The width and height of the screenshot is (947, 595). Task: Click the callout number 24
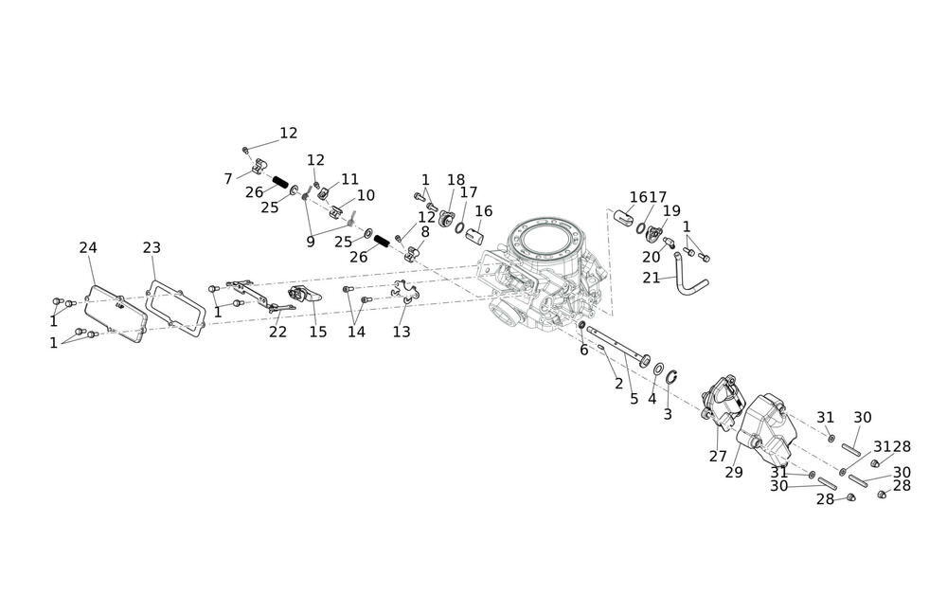[x=88, y=247]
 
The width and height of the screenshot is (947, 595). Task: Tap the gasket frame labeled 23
[x=177, y=304]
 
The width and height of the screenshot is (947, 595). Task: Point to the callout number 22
[x=277, y=332]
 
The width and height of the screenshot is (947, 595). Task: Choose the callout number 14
[x=356, y=332]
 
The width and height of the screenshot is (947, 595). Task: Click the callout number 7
[x=228, y=178]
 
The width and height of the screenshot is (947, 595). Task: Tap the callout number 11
[x=350, y=179]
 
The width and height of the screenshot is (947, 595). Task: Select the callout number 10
[x=366, y=195]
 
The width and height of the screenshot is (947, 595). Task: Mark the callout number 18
[x=456, y=180]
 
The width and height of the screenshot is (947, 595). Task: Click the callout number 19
[x=671, y=210]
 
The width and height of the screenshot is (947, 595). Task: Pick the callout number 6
[x=583, y=351]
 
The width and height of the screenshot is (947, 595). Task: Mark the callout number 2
[x=618, y=384]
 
